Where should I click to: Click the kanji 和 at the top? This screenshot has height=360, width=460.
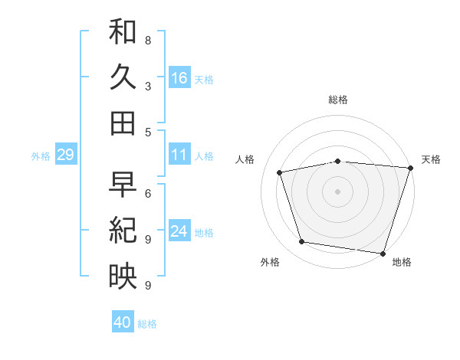pyautogui.click(x=123, y=31)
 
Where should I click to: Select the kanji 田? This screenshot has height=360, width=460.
pyautogui.click(x=123, y=123)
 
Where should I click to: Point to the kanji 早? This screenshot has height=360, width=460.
pyautogui.click(x=123, y=185)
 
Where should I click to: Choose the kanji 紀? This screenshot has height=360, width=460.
pyautogui.click(x=123, y=231)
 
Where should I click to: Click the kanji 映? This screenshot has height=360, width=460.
pyautogui.click(x=123, y=277)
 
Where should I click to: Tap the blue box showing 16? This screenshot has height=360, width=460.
pyautogui.click(x=179, y=77)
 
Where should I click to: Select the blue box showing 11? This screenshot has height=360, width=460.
pyautogui.click(x=179, y=155)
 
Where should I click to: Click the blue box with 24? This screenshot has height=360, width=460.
pyautogui.click(x=179, y=231)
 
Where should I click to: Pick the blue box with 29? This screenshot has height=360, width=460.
pyautogui.click(x=65, y=155)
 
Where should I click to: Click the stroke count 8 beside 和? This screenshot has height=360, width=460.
pyautogui.click(x=147, y=40)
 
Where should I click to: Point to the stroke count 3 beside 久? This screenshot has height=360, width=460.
pyautogui.click(x=147, y=86)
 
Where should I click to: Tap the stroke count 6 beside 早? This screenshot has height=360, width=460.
pyautogui.click(x=147, y=193)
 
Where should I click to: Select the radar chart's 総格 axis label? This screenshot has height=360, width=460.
pyautogui.click(x=338, y=100)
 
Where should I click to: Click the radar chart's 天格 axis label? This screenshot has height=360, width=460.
pyautogui.click(x=431, y=159)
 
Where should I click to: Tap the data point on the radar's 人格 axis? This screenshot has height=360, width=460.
pyautogui.click(x=280, y=172)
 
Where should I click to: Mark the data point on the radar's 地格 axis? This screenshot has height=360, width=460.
pyautogui.click(x=383, y=254)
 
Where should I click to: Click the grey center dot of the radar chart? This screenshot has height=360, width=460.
pyautogui.click(x=338, y=191)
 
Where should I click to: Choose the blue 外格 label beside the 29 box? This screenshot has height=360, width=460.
pyautogui.click(x=41, y=155)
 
